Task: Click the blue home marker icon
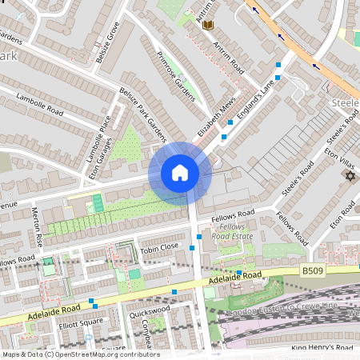179,173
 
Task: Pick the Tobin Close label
158,249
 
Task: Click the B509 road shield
314,272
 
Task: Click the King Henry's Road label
322,348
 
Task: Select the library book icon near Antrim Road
208,26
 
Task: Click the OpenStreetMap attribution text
80,354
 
